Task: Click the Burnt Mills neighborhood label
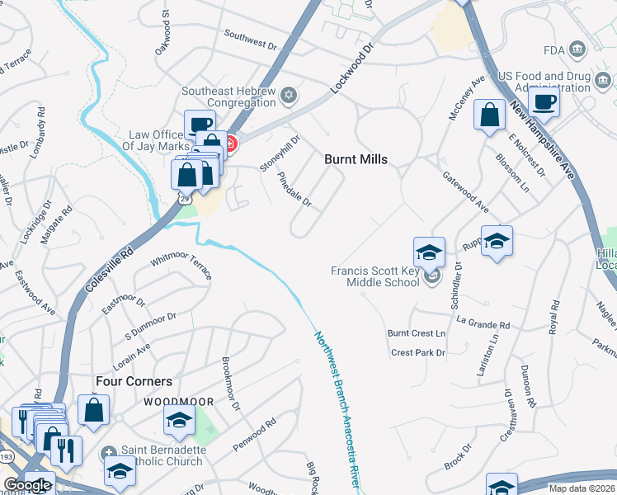click(356, 158)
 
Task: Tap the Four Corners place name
click(134, 381)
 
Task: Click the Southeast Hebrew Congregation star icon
click(288, 95)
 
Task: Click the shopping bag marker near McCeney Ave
click(490, 115)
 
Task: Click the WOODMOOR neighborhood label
click(179, 402)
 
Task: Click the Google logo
click(27, 485)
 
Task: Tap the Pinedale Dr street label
click(294, 189)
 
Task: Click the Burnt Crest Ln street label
click(417, 333)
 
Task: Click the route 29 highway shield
click(185, 198)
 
